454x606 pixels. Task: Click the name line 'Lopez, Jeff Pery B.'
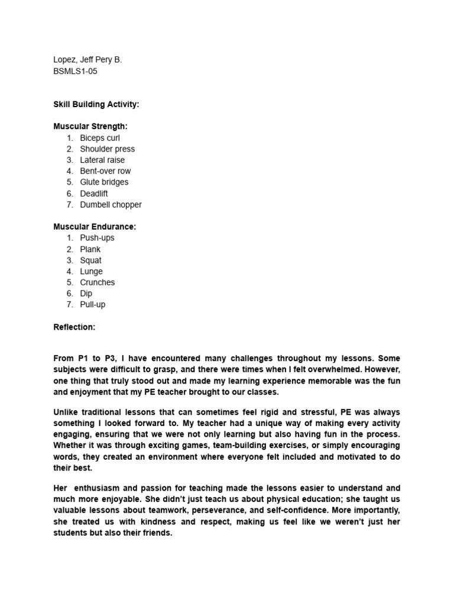[87, 60]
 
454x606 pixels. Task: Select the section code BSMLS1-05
[75, 71]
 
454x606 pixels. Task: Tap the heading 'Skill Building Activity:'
[96, 104]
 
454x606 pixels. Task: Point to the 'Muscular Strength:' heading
[90, 127]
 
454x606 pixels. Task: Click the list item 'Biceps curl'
[100, 138]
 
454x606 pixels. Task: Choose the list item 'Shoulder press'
[107, 149]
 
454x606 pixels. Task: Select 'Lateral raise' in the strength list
[102, 160]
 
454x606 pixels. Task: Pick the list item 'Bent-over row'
[105, 171]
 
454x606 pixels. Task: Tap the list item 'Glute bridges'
[104, 182]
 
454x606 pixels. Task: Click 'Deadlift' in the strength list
[94, 194]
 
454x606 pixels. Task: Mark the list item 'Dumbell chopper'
[111, 205]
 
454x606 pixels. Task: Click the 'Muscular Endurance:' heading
[95, 227]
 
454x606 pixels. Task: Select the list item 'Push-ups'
[97, 238]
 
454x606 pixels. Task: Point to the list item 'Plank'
[90, 249]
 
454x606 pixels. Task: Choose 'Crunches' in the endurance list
[98, 282]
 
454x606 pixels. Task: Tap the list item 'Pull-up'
[92, 305]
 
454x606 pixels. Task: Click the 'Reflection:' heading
[74, 327]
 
